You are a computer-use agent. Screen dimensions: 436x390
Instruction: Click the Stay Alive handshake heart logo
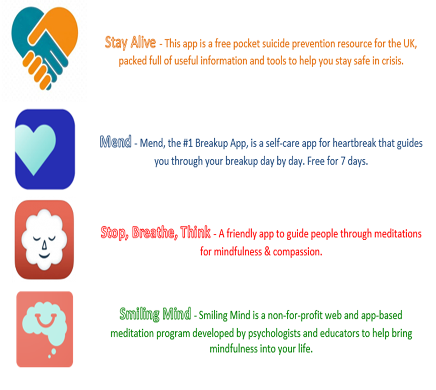[x=44, y=48]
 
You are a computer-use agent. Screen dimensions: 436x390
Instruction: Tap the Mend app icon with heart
[x=45, y=149]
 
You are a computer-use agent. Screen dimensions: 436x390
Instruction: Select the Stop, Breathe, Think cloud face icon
[x=44, y=240]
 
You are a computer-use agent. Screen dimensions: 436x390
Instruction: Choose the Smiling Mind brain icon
[x=45, y=329]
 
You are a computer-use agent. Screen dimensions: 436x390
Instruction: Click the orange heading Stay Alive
[x=130, y=43]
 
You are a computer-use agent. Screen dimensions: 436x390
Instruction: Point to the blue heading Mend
[x=116, y=142]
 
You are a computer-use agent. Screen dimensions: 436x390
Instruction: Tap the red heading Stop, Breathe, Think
[x=156, y=232]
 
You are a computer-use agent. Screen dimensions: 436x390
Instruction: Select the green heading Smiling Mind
[x=155, y=314]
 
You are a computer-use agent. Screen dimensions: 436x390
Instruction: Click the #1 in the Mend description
[x=188, y=143]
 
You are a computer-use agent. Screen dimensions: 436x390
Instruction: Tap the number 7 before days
[x=343, y=161]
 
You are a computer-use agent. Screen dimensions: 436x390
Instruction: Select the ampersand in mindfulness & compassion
[x=267, y=251]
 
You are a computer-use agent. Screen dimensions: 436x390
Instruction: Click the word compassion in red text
[x=297, y=252]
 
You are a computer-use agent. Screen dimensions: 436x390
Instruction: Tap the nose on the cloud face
[x=44, y=245]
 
